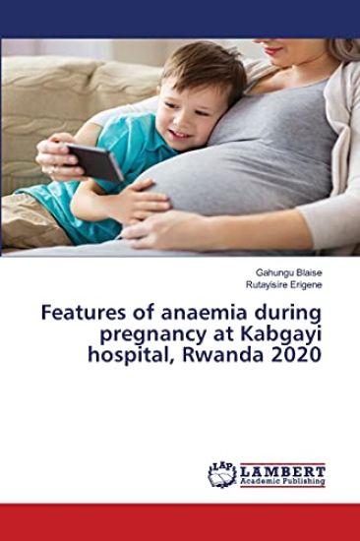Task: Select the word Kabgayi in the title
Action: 276,334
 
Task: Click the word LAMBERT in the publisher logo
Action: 283,469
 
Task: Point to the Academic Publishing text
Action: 283,482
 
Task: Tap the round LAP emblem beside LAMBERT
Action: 222,474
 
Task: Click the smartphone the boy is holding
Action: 94,162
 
